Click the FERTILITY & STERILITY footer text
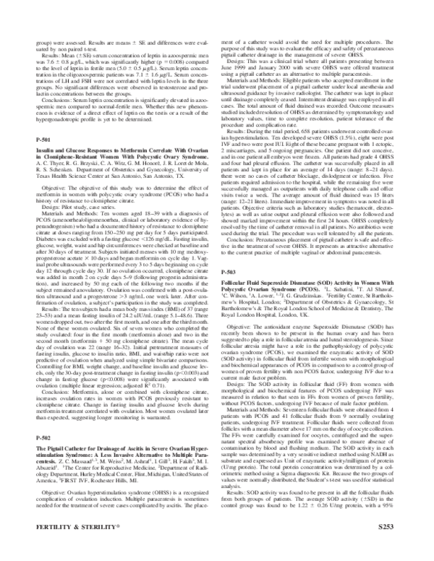click(x=72, y=549)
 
